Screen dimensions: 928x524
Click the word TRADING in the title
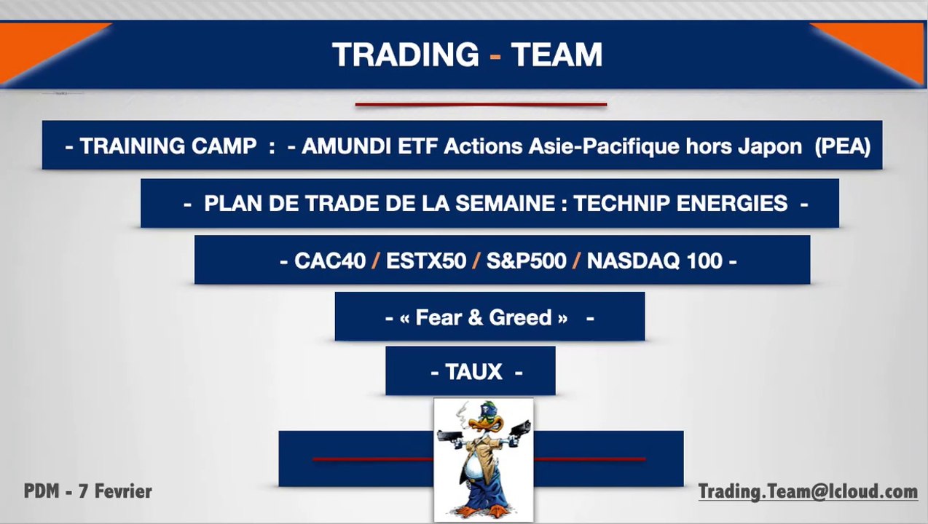tap(406, 55)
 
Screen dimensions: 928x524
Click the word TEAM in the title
tap(557, 55)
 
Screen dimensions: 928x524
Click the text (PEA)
tap(843, 146)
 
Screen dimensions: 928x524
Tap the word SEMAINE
tap(506, 203)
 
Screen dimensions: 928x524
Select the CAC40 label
tap(330, 261)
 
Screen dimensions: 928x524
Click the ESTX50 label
tap(426, 261)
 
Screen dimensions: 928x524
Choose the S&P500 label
tap(526, 261)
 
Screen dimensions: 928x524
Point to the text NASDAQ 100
tap(655, 261)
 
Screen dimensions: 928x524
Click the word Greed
tap(520, 317)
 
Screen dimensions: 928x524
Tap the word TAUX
tap(473, 372)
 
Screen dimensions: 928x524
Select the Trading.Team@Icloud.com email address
tap(808, 492)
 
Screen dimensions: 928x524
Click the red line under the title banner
tap(481, 105)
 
